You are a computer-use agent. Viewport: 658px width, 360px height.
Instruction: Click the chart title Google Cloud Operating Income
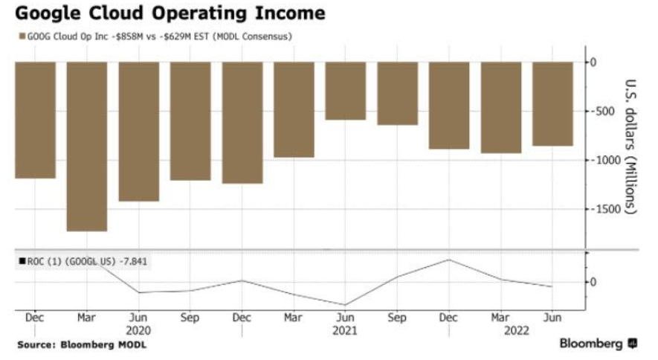170,13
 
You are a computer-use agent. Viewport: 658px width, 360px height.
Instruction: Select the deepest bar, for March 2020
87,147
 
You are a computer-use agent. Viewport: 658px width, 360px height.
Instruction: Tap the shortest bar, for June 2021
346,91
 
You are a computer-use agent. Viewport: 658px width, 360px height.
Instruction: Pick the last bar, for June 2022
552,104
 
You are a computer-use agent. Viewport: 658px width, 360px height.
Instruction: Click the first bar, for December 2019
35,120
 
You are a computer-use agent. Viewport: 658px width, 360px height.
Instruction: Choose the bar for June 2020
139,132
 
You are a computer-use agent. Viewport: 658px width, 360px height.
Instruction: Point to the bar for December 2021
449,106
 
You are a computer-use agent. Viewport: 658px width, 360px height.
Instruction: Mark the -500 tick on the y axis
603,112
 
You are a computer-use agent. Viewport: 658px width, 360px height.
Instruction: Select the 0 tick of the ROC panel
593,282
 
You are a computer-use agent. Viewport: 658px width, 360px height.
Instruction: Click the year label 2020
138,331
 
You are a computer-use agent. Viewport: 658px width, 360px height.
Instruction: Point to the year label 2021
345,331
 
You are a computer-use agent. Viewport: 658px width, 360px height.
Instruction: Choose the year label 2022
517,331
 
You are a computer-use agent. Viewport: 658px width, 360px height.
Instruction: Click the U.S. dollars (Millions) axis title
630,147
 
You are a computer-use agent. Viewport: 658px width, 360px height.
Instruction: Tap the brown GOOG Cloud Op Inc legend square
22,36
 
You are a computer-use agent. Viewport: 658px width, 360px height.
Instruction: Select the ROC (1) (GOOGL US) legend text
71,262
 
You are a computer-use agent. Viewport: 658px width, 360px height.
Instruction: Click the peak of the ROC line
449,260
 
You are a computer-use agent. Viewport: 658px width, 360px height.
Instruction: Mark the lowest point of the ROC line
346,305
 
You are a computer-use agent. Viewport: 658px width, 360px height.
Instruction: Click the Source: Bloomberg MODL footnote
82,345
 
